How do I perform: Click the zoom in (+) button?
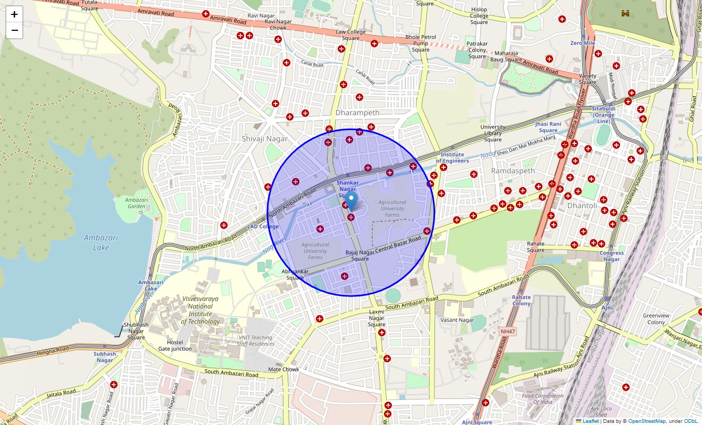[14, 14]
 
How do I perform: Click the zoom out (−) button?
[14, 31]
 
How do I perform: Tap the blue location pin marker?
[351, 203]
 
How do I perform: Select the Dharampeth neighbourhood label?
[357, 113]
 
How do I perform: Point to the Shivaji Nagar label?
[264, 139]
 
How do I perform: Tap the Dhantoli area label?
[582, 206]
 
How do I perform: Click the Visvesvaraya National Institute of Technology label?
[200, 310]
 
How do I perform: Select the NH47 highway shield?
[508, 331]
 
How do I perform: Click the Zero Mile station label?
[582, 43]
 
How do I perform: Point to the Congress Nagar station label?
[612, 256]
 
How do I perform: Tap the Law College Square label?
[350, 35]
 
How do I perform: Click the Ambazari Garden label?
[136, 203]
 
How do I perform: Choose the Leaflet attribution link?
[590, 421]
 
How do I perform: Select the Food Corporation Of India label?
[542, 399]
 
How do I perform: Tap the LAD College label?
[263, 227]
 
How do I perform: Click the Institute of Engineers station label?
[452, 158]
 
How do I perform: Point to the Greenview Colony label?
[656, 319]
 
